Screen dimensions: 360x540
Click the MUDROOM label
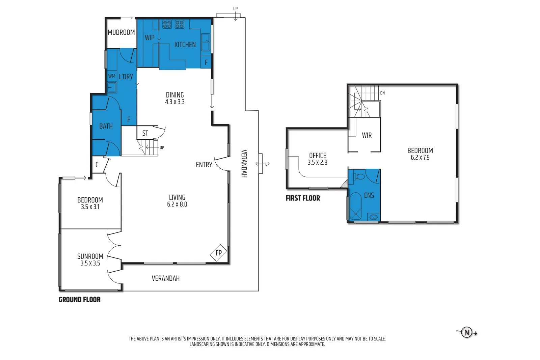121,32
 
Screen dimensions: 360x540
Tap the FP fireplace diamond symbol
218,253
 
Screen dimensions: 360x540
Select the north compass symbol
467,332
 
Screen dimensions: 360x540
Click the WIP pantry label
150,37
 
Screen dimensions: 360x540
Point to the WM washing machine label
112,76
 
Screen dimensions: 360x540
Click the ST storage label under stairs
145,133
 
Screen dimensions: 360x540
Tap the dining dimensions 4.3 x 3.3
175,102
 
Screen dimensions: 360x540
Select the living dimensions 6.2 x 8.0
177,204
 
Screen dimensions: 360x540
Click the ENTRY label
204,165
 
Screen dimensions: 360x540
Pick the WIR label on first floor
367,135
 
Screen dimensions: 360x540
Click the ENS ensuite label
369,195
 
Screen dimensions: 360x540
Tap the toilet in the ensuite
360,176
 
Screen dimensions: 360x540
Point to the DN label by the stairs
382,93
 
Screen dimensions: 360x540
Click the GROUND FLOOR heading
80,300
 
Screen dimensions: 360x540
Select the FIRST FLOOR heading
303,198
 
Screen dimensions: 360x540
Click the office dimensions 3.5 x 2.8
317,162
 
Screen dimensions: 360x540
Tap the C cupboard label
97,165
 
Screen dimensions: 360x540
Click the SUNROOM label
90,256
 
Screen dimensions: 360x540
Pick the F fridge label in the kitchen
206,62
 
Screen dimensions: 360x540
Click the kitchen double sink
206,42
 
